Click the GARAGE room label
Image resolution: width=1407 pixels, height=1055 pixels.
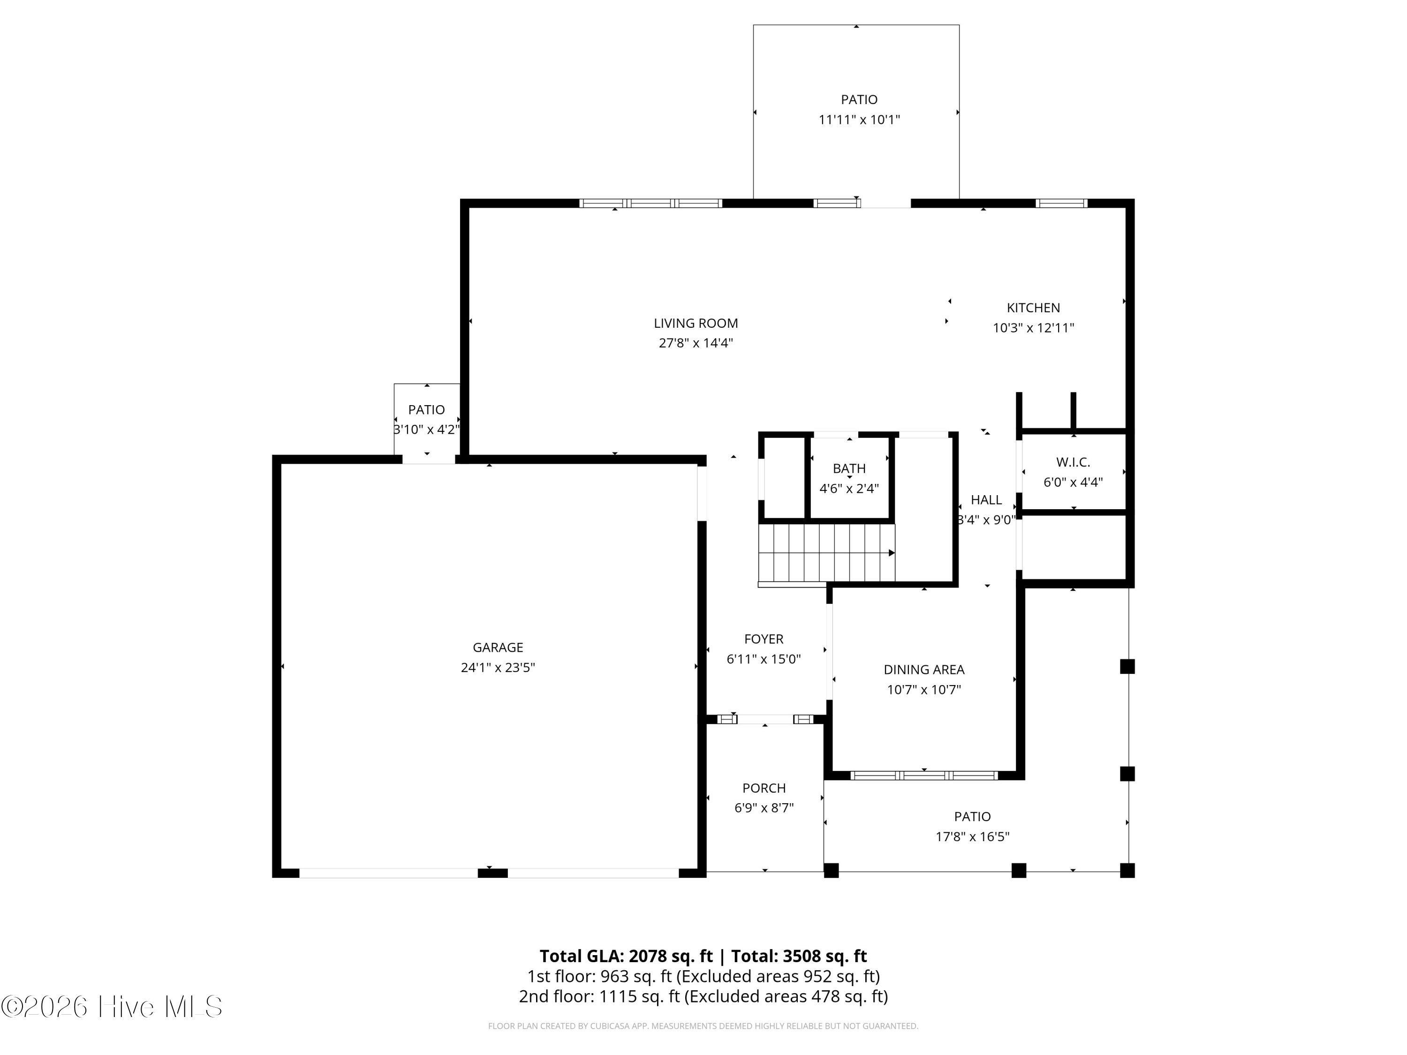(x=498, y=648)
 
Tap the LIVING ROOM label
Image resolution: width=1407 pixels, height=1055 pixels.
(x=696, y=323)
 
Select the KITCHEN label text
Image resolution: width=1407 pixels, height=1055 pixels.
(x=1033, y=308)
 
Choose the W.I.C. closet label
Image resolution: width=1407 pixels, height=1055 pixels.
(x=1073, y=462)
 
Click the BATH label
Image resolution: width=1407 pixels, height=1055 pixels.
(x=849, y=469)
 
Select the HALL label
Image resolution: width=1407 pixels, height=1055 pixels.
(x=986, y=500)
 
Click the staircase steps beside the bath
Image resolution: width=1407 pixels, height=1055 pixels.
(x=826, y=553)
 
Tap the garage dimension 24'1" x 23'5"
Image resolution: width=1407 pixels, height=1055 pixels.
(x=498, y=667)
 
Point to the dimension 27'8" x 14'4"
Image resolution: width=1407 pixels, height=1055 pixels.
(x=696, y=343)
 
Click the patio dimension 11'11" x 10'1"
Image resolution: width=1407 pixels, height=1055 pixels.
(x=859, y=120)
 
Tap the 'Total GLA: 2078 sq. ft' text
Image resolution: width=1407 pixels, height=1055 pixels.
(x=627, y=956)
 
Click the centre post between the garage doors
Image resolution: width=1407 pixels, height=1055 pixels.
(x=492, y=873)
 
